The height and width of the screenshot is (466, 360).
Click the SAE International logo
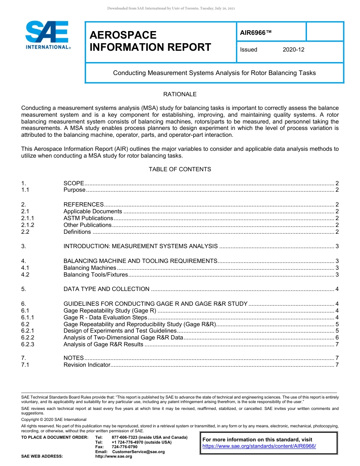coord(47,35)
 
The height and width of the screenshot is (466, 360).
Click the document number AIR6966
coord(256,33)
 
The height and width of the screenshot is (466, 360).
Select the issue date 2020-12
coord(293,50)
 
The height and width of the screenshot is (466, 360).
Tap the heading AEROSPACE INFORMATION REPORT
coord(150,41)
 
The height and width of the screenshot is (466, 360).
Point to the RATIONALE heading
coord(180,94)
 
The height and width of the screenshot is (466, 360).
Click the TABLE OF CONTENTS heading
coord(180,169)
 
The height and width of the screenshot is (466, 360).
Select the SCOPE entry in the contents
coord(74,183)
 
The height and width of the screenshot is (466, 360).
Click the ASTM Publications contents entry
coord(88,218)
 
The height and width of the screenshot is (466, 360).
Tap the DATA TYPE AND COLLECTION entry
coord(106,289)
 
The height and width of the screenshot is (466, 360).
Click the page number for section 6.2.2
coord(337,338)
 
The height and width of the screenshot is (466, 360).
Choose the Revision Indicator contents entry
coord(87,365)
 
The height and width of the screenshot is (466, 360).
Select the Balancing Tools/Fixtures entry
coord(96,275)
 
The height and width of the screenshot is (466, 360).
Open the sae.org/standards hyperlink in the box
coord(259,446)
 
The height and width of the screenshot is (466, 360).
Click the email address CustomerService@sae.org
coord(138,452)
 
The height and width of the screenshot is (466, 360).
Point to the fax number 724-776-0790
coord(125,447)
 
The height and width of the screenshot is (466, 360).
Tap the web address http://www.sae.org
coord(114,457)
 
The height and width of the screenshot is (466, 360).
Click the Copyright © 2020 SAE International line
coord(54,419)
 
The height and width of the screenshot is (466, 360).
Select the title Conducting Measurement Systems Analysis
coord(214,73)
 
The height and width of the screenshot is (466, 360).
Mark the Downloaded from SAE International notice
coord(171,8)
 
